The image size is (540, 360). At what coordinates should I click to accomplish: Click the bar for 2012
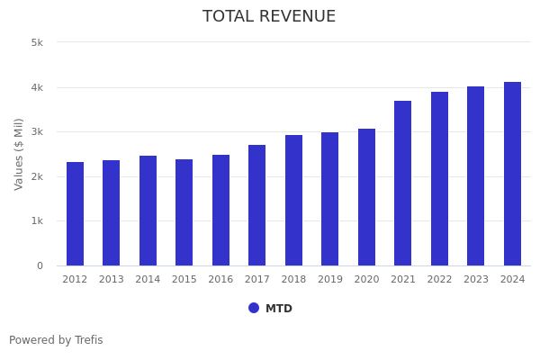(x=75, y=214)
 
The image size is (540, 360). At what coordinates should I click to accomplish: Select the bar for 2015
(x=184, y=212)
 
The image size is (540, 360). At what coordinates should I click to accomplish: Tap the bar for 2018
(x=293, y=201)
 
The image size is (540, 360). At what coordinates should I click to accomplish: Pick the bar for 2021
(x=402, y=184)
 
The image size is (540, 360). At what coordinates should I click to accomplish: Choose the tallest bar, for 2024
(x=512, y=174)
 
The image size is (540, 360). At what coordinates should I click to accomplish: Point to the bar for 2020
(x=366, y=197)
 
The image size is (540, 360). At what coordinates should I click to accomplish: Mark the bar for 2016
(x=220, y=211)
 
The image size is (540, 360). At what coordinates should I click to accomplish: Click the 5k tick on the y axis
(x=37, y=42)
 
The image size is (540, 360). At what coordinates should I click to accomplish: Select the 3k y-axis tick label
(x=37, y=132)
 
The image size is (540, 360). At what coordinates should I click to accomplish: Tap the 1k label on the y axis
(x=37, y=221)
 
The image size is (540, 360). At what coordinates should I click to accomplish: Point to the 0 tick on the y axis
(x=40, y=265)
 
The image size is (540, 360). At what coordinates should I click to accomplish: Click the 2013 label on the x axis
(x=111, y=280)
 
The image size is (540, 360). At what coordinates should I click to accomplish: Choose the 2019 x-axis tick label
(x=329, y=280)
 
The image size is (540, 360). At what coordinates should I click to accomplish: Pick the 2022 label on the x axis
(x=439, y=280)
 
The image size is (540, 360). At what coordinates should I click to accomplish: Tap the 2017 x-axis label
(x=256, y=280)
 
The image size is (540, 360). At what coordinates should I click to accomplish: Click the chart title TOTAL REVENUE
(x=269, y=17)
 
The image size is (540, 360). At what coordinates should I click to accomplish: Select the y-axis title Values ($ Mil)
(x=20, y=154)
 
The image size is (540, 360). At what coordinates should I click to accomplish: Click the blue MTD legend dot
(x=254, y=308)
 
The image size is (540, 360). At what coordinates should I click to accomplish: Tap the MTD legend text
(x=279, y=309)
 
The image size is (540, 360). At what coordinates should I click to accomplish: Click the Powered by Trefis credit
(x=56, y=340)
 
